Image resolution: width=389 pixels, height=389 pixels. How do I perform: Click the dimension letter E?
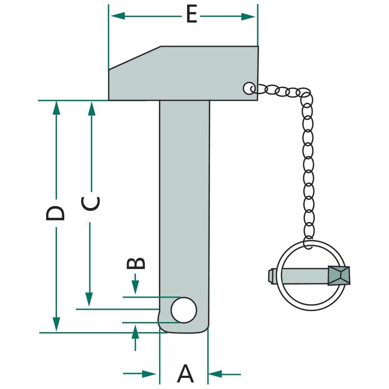pyautogui.click(x=192, y=16)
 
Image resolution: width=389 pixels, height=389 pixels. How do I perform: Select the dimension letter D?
pyautogui.click(x=55, y=213)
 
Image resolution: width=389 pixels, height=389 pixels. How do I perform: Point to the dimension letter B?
pyautogui.click(x=136, y=263)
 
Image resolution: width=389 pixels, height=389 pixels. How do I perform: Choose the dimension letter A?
pyautogui.click(x=185, y=374)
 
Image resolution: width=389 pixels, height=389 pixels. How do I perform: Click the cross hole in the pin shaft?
pyautogui.click(x=184, y=310)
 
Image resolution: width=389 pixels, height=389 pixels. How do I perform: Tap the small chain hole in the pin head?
pyautogui.click(x=249, y=88)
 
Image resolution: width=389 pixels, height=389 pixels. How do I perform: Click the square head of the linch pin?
pyautogui.click(x=339, y=276)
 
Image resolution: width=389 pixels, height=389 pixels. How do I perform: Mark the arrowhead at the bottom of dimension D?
pyautogui.click(x=56, y=325)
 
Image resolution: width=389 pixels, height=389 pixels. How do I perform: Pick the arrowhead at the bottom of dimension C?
pyautogui.click(x=89, y=300)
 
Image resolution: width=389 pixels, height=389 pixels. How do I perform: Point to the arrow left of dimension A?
pyautogui.click(x=151, y=374)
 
